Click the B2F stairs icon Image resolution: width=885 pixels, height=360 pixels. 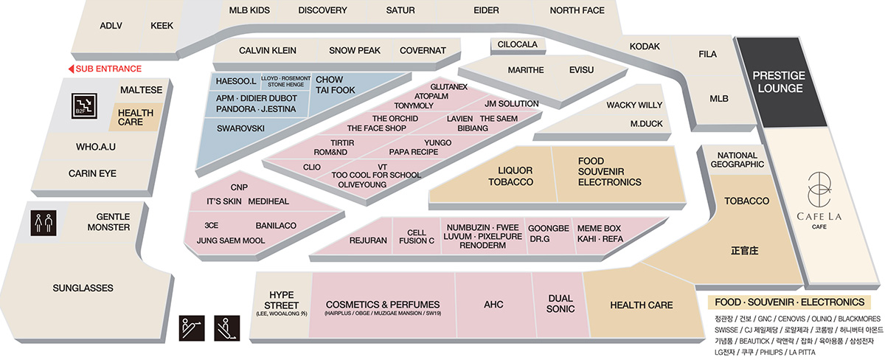point(84,106)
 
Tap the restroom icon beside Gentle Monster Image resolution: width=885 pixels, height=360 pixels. point(44,223)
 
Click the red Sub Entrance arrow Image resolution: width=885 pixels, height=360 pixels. point(71,69)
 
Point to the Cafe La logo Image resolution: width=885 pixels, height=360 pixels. point(819,190)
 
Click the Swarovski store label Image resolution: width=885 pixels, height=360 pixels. point(240,128)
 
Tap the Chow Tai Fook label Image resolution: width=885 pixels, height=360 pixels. point(335,85)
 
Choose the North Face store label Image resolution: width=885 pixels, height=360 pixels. point(577,10)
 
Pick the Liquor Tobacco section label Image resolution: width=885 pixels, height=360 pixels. point(511,176)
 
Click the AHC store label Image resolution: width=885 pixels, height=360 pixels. point(493,304)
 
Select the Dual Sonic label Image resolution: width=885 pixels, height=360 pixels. point(560,303)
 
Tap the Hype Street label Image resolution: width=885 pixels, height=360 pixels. point(281,300)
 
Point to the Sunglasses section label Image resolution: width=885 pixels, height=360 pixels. point(83,288)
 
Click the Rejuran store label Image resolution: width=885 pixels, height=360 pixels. point(368,240)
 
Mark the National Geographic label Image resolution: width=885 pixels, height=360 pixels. point(737,159)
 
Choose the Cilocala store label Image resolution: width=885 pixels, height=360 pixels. point(517,44)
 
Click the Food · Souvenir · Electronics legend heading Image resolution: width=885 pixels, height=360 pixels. point(789,302)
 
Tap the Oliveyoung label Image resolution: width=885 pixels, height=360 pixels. point(362,184)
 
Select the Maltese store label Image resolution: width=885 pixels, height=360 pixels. point(141,90)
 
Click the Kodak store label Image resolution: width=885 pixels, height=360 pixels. point(645,46)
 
